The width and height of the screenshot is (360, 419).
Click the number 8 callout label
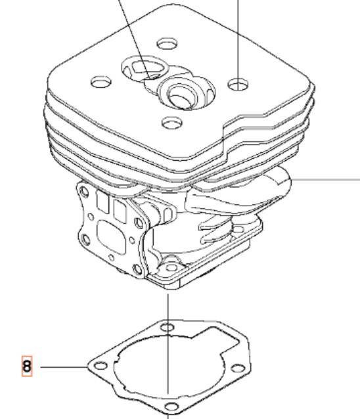tap(27, 366)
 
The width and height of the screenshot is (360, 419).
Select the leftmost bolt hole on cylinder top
tap(101, 83)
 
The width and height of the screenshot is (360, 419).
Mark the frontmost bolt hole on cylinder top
tap(172, 122)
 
